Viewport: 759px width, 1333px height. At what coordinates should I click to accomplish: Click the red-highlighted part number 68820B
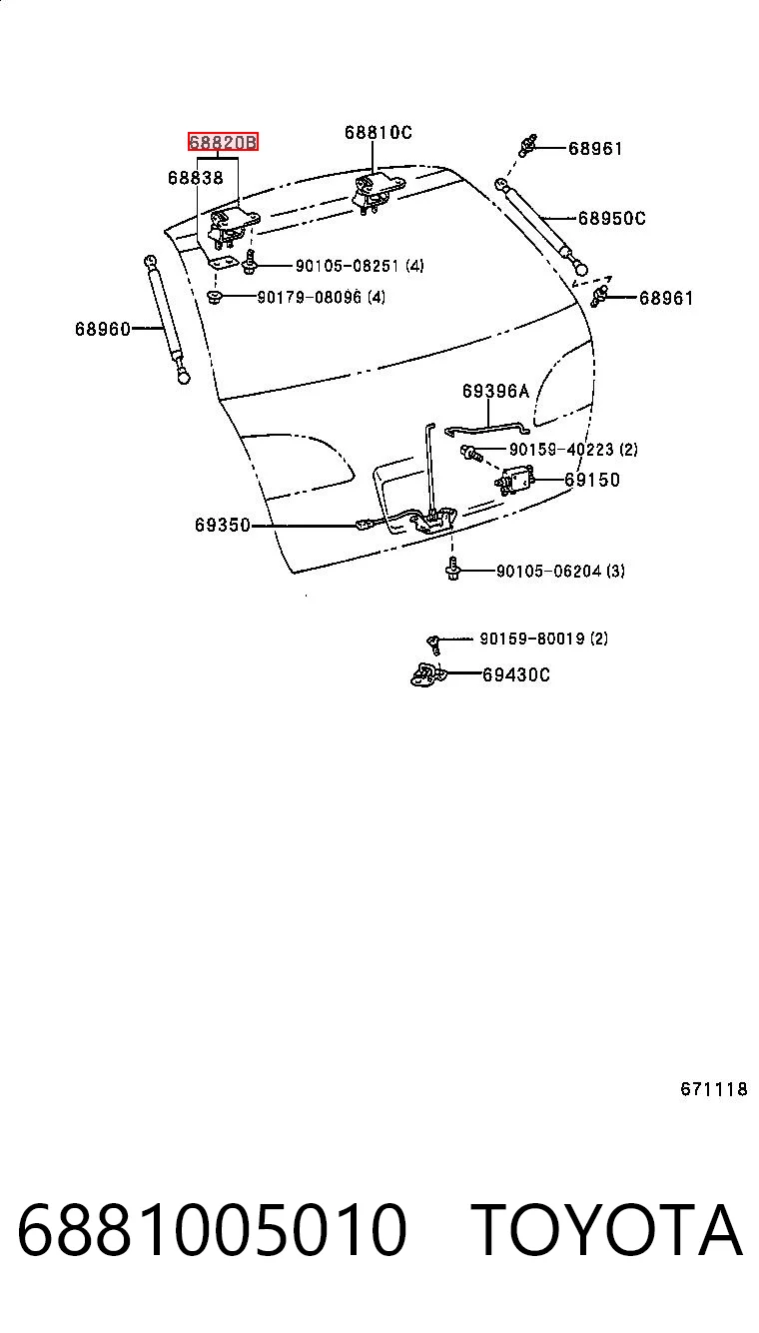click(223, 142)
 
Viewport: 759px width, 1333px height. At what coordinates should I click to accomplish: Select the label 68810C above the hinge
click(379, 132)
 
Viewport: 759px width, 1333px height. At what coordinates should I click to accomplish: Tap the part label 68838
click(196, 177)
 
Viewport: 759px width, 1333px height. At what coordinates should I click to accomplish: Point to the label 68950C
click(611, 219)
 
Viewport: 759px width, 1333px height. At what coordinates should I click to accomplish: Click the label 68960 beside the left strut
click(103, 329)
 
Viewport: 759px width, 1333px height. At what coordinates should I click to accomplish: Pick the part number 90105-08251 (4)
click(360, 266)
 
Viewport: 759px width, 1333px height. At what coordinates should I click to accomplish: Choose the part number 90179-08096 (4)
click(322, 297)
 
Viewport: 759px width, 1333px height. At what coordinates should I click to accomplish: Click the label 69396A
click(495, 391)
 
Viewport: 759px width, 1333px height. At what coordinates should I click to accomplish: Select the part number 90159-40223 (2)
click(573, 450)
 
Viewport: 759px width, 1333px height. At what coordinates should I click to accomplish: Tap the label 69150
click(592, 480)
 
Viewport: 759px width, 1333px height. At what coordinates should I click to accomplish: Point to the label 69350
click(223, 525)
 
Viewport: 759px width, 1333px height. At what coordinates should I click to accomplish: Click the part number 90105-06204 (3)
click(560, 572)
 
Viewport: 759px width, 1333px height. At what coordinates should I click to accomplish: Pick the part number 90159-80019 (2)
click(543, 639)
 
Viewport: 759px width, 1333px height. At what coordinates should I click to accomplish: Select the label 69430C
click(515, 674)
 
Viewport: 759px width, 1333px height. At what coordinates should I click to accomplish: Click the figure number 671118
click(714, 1089)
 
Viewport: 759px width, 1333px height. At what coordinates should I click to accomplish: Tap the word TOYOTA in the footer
click(606, 1229)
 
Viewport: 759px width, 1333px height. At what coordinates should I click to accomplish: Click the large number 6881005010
click(212, 1229)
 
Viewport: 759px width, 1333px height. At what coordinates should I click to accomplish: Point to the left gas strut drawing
click(167, 320)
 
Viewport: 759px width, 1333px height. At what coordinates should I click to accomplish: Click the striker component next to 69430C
click(428, 674)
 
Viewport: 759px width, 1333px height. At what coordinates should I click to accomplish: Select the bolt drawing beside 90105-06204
click(452, 569)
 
